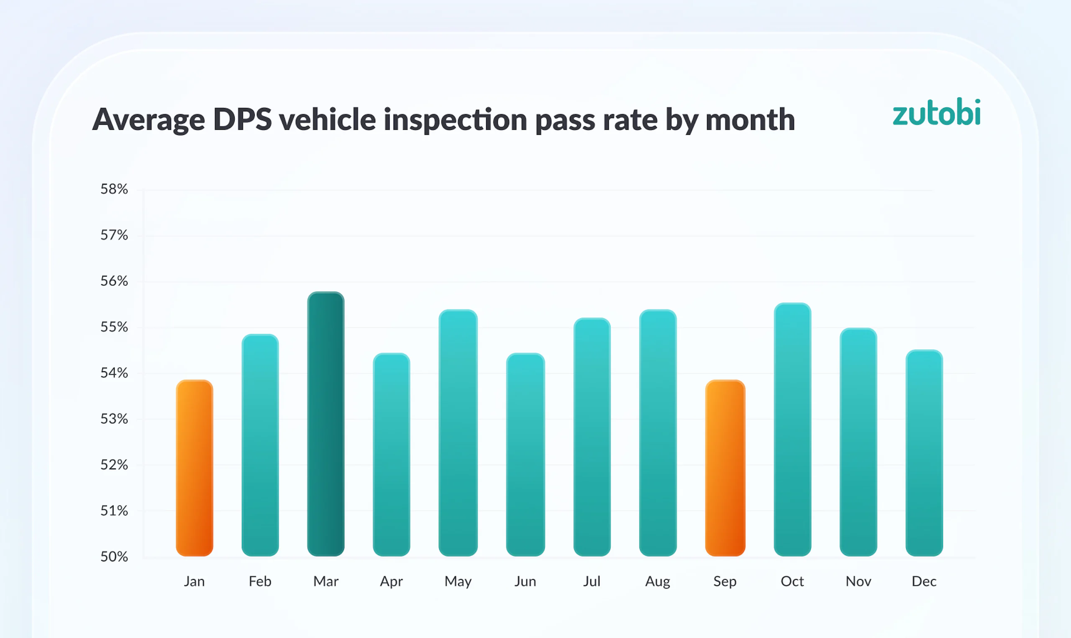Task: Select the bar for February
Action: pos(260,445)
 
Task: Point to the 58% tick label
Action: pos(114,189)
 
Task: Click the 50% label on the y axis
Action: pos(114,557)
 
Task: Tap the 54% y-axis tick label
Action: pos(114,373)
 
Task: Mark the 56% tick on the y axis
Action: pos(114,281)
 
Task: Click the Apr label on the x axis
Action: pos(391,581)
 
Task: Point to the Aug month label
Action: pos(657,581)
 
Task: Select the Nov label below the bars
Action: pos(858,581)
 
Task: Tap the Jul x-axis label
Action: pos(592,581)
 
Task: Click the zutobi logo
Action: pos(936,112)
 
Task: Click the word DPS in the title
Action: pos(242,119)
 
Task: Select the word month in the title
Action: pos(750,119)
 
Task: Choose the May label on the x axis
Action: pos(458,581)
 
